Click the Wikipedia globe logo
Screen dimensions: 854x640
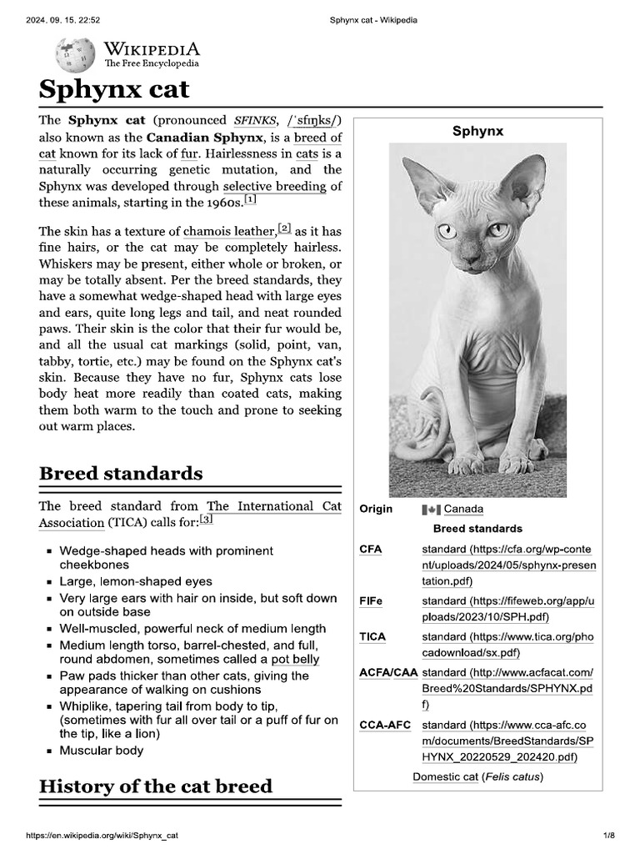(x=75, y=55)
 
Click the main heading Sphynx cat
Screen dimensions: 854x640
(x=114, y=89)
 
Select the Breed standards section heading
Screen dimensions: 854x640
(x=121, y=473)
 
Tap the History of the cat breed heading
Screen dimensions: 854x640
(x=156, y=786)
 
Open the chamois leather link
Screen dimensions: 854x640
(x=229, y=231)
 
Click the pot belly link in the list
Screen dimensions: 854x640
(x=295, y=659)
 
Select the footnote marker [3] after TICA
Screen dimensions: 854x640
(x=206, y=520)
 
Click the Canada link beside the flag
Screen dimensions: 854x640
(x=463, y=509)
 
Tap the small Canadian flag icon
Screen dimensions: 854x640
(x=431, y=509)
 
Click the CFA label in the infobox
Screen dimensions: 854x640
(x=371, y=549)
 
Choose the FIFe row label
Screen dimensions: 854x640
(x=372, y=600)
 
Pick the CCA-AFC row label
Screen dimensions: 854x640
(x=385, y=725)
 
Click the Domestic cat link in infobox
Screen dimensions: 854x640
(x=445, y=776)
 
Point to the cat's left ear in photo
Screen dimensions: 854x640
(x=522, y=182)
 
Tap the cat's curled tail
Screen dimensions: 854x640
(x=417, y=442)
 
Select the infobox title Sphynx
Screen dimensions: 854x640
(x=477, y=131)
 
